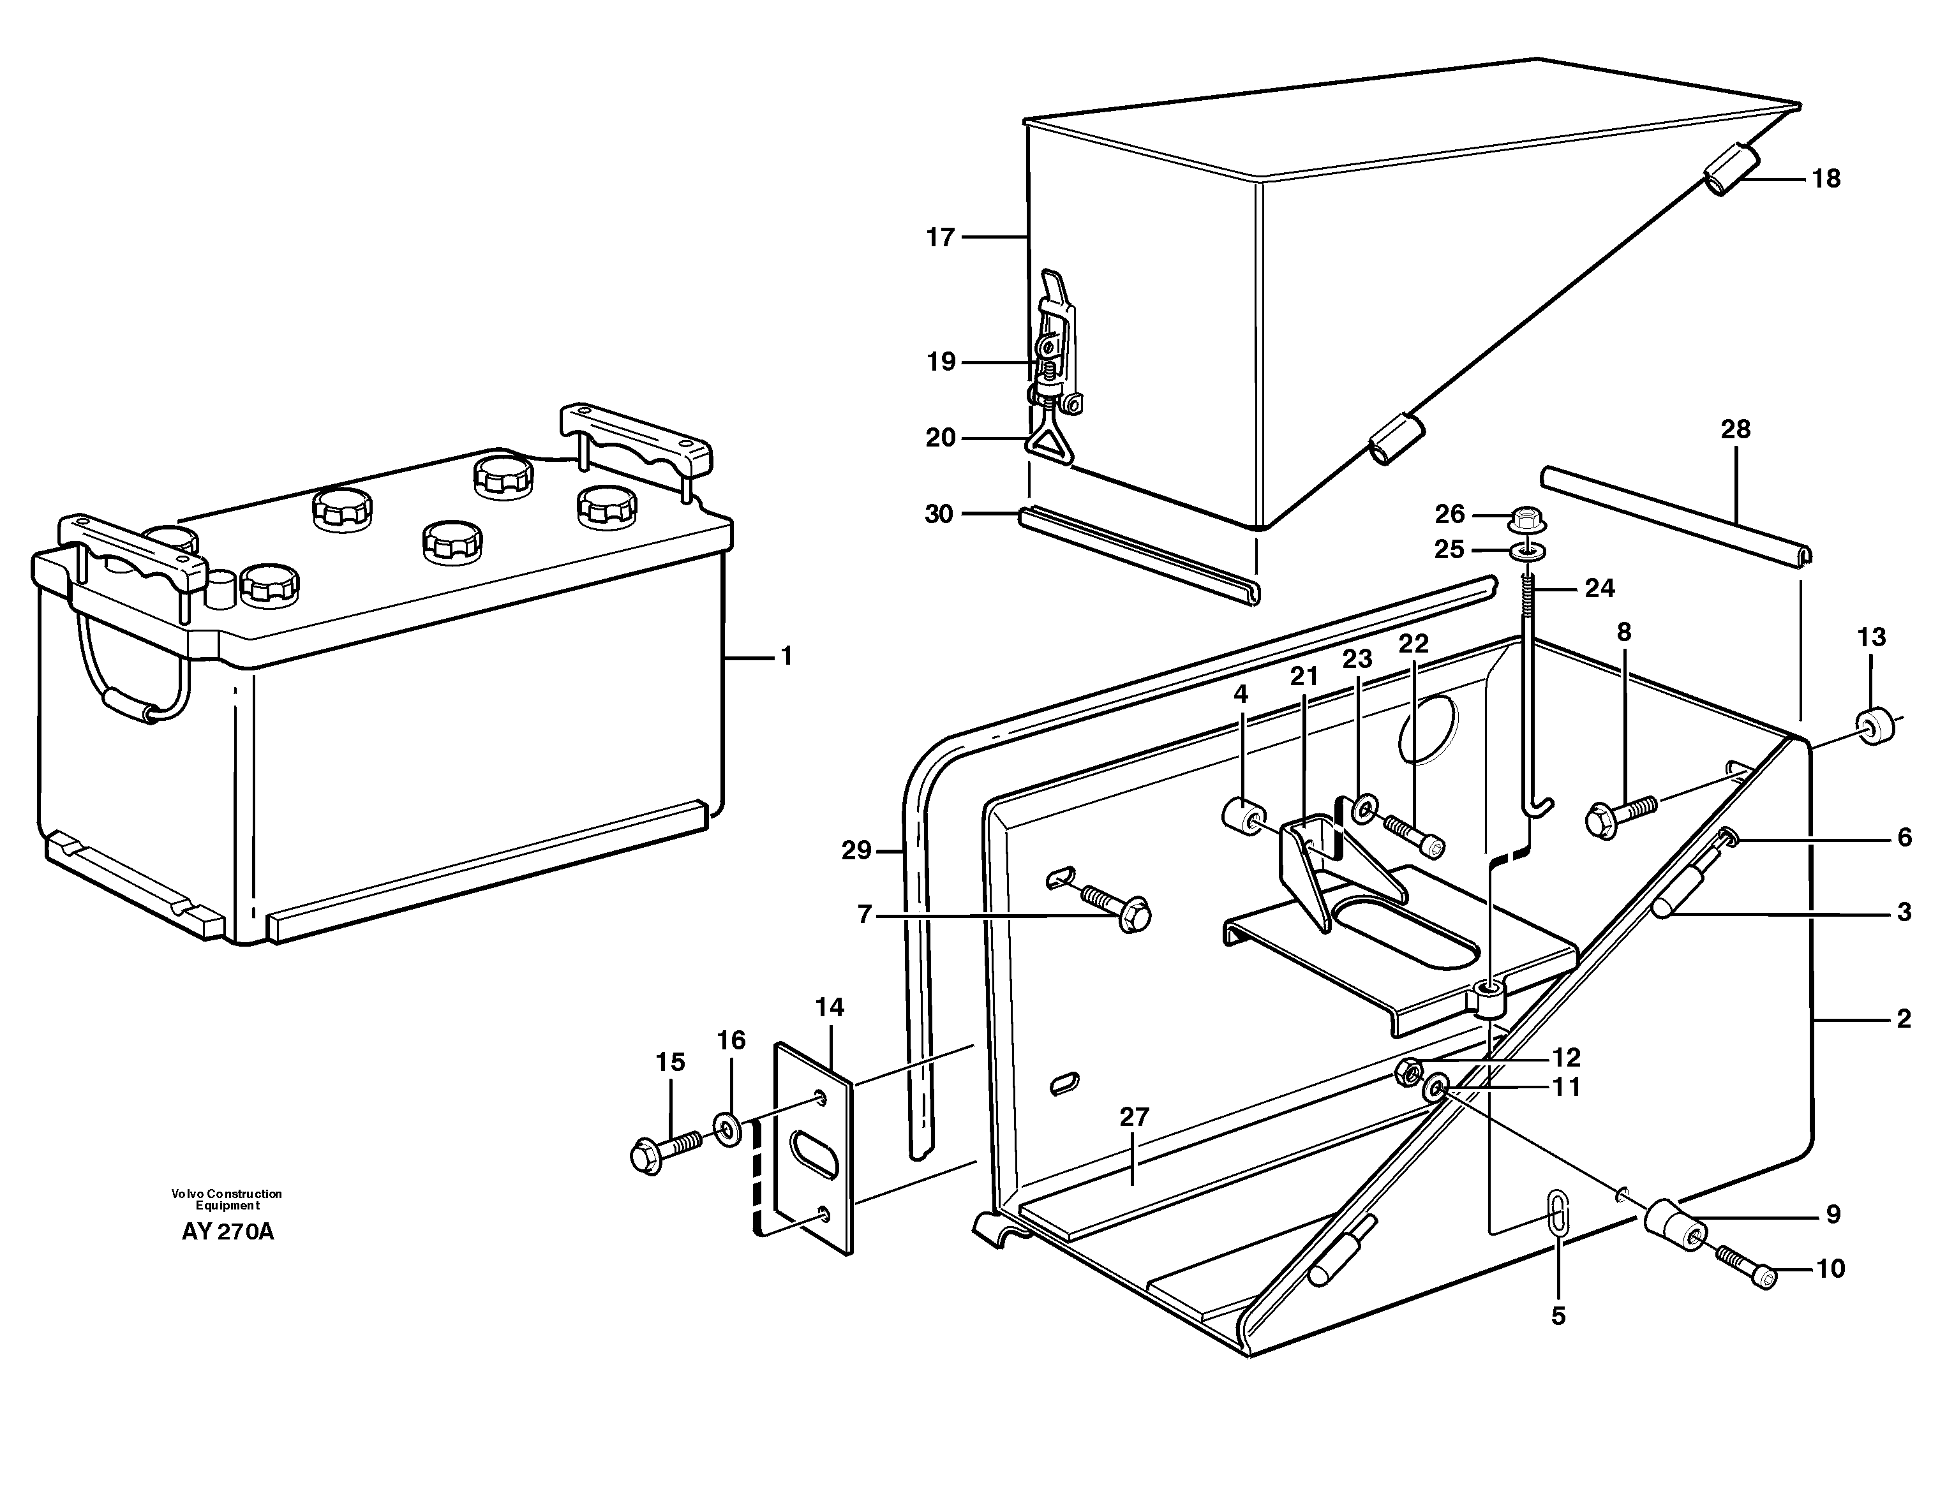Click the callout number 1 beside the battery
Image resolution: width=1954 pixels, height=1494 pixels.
tap(786, 656)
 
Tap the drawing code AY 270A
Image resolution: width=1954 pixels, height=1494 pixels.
tap(228, 1232)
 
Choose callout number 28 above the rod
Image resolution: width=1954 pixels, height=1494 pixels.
tap(1734, 429)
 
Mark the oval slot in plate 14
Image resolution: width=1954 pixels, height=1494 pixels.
tap(816, 1153)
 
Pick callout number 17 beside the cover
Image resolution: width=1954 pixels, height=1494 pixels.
tap(939, 237)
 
